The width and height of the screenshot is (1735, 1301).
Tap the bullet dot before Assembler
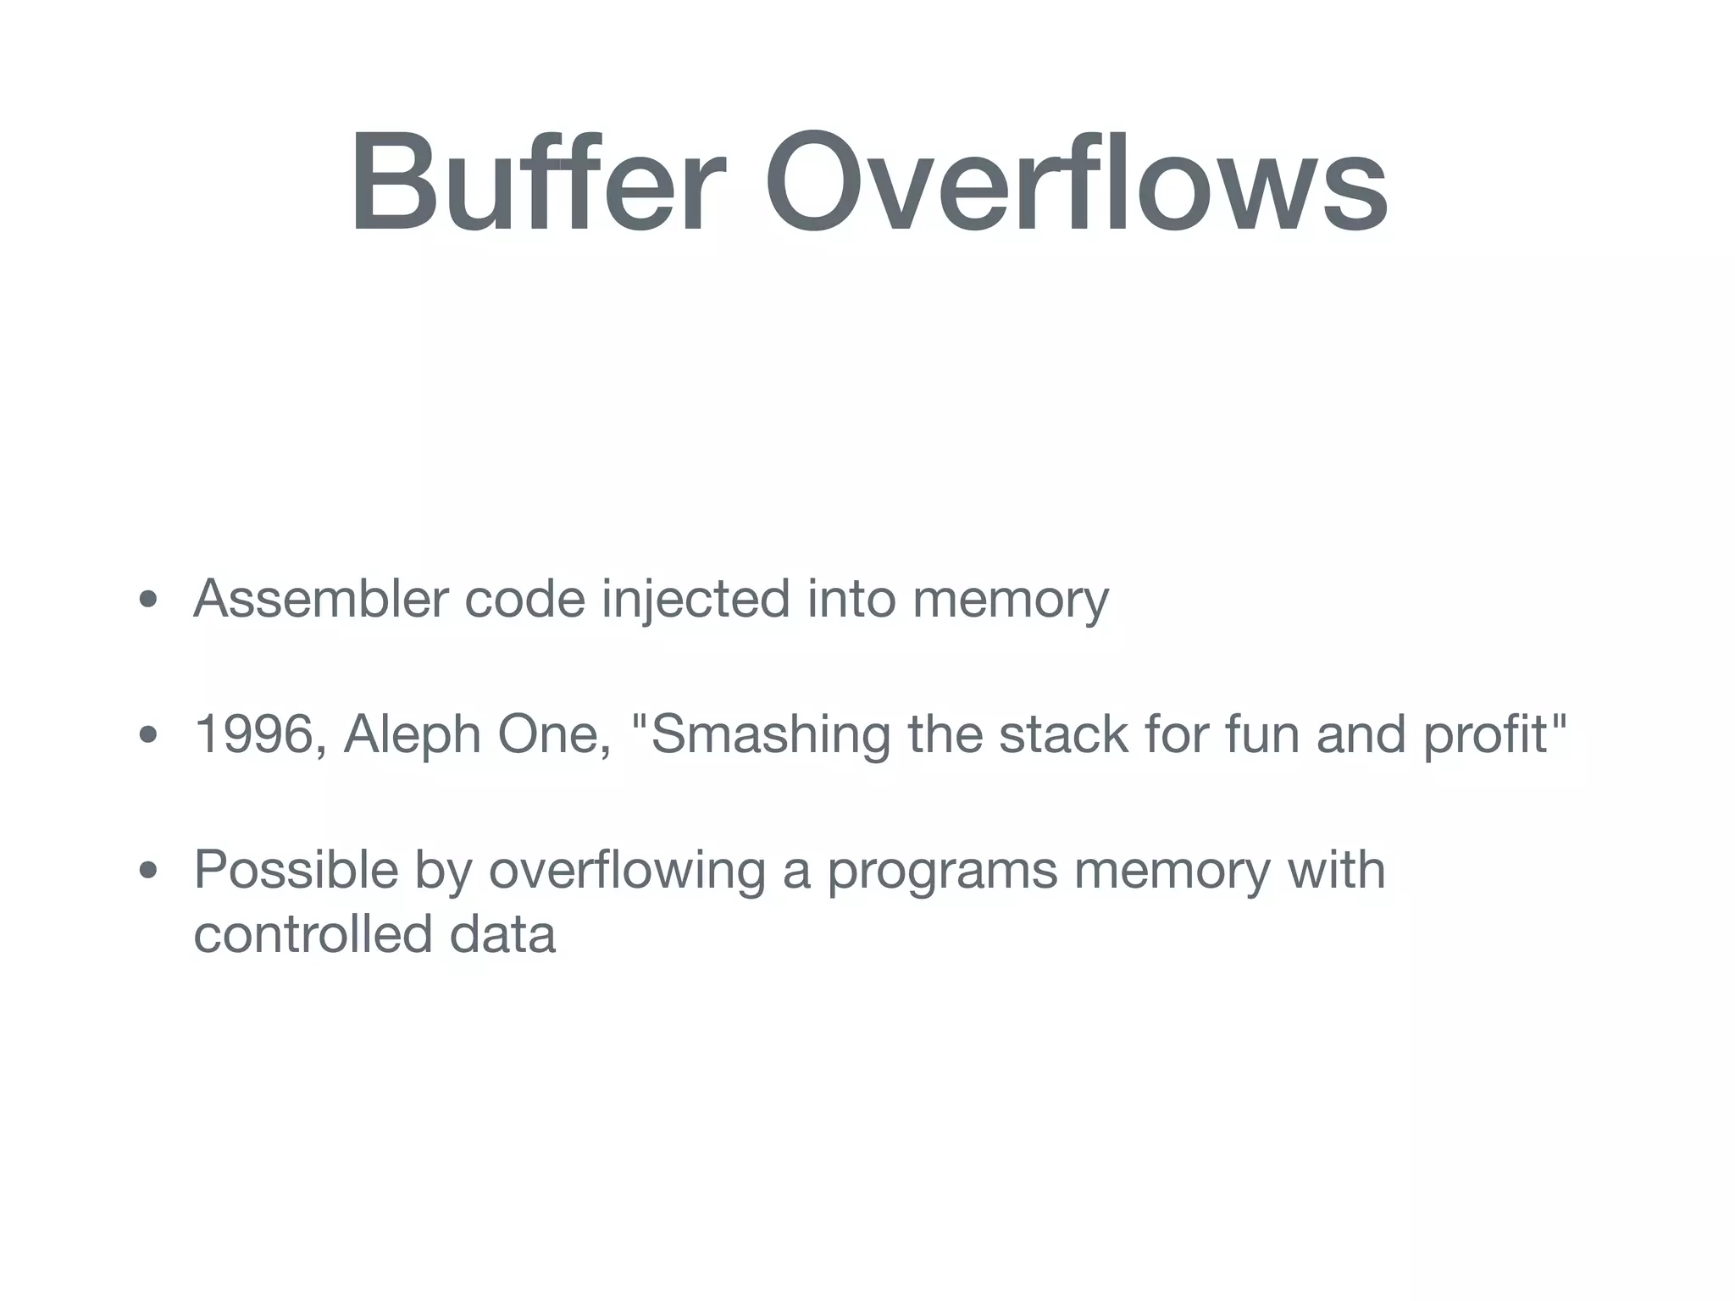148,601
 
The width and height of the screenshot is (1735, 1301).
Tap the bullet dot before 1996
148,735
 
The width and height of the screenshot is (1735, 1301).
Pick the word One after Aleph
554,734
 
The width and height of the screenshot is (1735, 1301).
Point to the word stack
1064,734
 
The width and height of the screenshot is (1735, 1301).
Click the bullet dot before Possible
148,871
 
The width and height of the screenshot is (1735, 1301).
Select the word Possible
296,870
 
